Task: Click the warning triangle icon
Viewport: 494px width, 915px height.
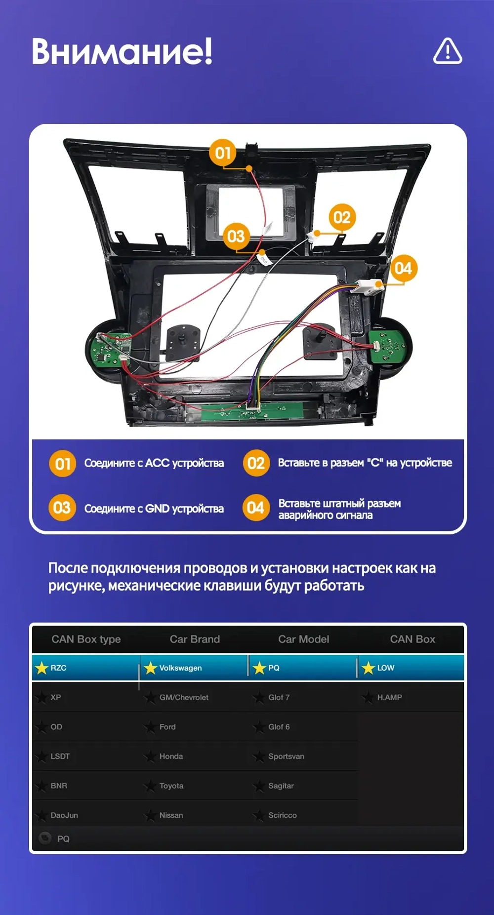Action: click(x=448, y=51)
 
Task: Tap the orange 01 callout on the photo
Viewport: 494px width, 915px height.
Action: click(x=222, y=153)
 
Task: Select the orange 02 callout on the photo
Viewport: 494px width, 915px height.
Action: click(x=342, y=217)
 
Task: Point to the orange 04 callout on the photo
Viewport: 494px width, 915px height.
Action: click(x=403, y=268)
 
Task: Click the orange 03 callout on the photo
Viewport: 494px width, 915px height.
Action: click(x=236, y=236)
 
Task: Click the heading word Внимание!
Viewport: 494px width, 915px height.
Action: click(x=122, y=51)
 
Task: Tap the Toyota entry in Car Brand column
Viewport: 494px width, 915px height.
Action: click(x=171, y=786)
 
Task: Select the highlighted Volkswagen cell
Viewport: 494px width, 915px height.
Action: click(x=180, y=668)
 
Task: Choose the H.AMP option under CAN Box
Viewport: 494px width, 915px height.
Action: click(x=389, y=697)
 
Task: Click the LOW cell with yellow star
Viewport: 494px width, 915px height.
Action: click(x=385, y=668)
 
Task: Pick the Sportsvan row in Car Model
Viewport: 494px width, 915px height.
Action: click(x=286, y=756)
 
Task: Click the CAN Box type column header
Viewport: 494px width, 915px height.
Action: click(x=86, y=639)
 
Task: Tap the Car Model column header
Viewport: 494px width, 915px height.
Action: click(x=303, y=639)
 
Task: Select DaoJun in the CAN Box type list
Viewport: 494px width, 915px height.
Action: click(x=64, y=815)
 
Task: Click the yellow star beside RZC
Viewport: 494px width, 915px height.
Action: click(x=41, y=668)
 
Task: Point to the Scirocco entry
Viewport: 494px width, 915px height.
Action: click(x=282, y=815)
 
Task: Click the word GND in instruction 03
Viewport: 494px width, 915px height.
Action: click(x=157, y=509)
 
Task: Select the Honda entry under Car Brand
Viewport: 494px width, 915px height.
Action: click(x=171, y=756)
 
